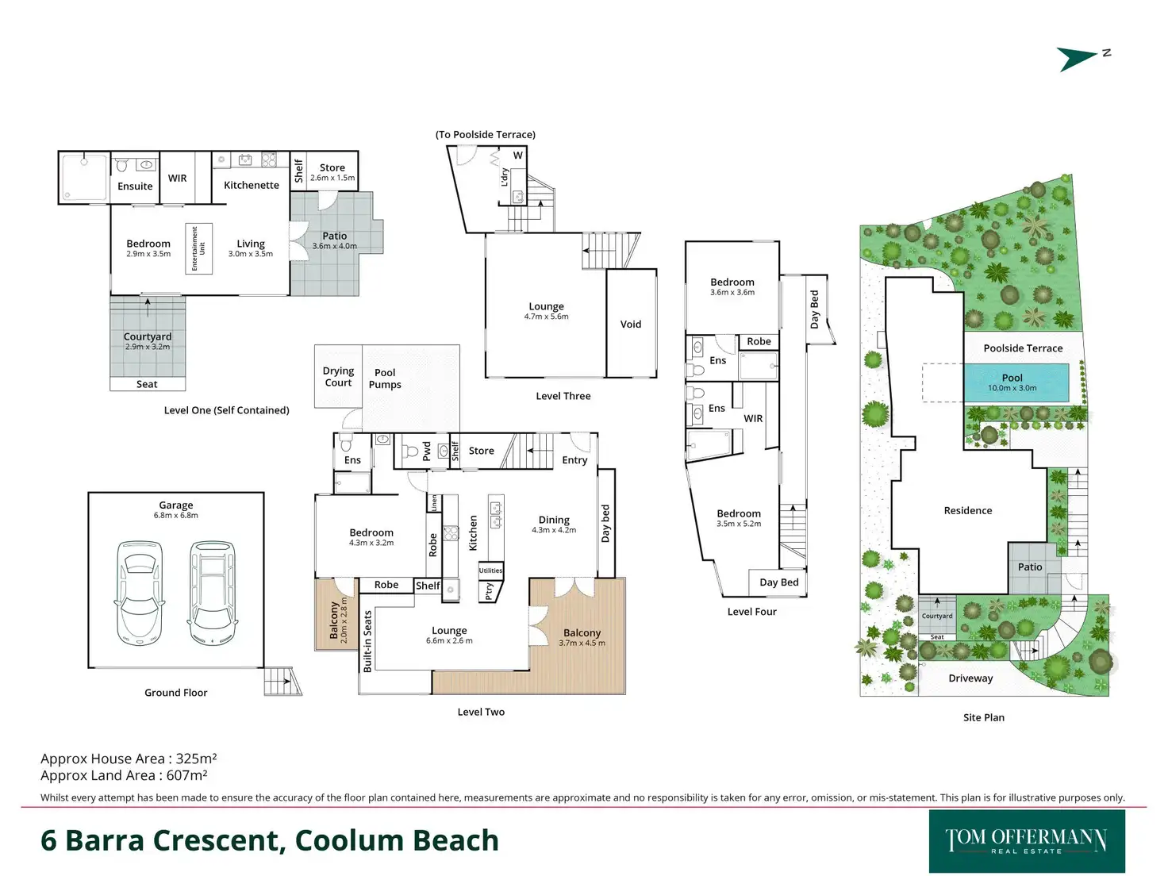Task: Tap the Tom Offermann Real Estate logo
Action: tap(1027, 841)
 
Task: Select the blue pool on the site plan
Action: tap(1016, 382)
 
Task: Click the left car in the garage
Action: tap(140, 592)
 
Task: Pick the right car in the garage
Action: tap(213, 592)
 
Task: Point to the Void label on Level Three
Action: tap(631, 324)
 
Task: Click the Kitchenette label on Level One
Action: tap(251, 185)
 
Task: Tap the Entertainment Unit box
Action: tap(198, 248)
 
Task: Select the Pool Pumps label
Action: tap(385, 378)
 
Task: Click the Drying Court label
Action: tap(338, 376)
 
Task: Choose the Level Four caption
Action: tap(751, 612)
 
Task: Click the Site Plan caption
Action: tap(983, 717)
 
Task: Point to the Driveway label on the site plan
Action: tap(970, 678)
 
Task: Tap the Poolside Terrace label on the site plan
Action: tap(1023, 348)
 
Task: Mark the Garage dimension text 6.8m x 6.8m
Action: tap(176, 516)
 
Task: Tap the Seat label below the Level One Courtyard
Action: tap(147, 384)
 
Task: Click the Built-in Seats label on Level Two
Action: tap(367, 641)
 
